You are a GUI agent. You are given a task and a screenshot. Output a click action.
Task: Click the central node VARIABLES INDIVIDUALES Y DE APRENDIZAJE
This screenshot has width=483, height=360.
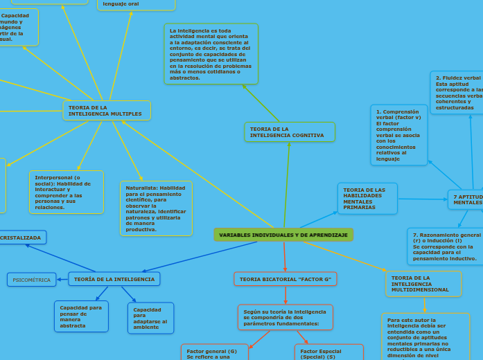[283, 235]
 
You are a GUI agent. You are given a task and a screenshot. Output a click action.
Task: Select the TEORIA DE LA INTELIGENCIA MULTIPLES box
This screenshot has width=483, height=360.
[107, 111]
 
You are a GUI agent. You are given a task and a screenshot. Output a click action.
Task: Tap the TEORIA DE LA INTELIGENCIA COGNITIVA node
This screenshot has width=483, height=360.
[290, 132]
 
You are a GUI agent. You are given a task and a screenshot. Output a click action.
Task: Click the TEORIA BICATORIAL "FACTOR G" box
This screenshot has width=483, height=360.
[285, 279]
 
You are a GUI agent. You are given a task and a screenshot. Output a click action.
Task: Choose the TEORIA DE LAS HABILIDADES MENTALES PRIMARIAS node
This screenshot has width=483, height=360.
[367, 198]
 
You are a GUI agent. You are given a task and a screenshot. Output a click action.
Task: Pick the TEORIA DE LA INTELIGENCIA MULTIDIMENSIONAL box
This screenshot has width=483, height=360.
[423, 283]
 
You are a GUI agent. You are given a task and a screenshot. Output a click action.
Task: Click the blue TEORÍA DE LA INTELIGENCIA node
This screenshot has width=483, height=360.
[114, 279]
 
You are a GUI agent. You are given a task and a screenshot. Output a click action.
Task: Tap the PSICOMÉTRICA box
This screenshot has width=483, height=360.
[32, 280]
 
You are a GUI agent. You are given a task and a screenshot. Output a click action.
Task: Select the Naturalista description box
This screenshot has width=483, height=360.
[156, 208]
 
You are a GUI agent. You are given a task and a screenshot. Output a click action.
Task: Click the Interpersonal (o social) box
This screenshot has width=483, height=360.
[67, 192]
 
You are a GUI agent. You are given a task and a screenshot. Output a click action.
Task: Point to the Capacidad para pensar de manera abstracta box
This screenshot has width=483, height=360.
[81, 316]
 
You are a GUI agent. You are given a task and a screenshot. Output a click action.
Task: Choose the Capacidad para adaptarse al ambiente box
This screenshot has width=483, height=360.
[150, 318]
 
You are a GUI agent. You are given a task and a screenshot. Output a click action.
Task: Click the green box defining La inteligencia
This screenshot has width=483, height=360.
[211, 54]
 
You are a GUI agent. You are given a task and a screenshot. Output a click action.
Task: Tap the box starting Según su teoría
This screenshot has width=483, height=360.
[285, 317]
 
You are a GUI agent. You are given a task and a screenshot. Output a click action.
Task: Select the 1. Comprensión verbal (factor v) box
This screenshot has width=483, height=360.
[398, 135]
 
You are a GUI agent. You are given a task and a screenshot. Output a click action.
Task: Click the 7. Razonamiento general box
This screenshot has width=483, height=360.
[446, 246]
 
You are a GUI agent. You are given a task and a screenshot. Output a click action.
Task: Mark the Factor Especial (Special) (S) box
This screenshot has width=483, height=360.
[328, 352]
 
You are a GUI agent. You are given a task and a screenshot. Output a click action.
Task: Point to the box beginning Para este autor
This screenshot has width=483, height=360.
[425, 336]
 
